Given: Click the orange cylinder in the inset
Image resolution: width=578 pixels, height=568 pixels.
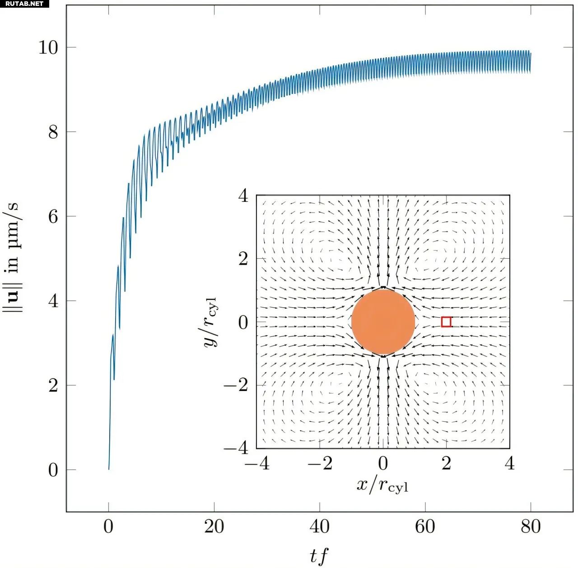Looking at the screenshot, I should coord(383,322).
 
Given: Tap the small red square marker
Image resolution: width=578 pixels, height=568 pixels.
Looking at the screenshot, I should coord(446,322).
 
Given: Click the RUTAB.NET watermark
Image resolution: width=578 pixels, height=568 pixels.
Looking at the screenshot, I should coord(24,4).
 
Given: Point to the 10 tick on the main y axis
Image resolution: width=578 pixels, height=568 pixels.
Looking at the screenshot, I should coord(48,47).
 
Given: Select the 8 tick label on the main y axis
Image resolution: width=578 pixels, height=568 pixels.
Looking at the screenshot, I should coord(53,132).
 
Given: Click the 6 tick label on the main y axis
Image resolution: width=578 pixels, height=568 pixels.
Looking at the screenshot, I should coord(53,216).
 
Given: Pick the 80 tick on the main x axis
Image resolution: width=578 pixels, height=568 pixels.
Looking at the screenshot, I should coord(530,526).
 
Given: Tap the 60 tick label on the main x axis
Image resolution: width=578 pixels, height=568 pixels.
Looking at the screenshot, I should coord(425,526).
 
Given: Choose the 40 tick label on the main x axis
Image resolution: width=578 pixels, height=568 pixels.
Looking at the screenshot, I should coord(319,526).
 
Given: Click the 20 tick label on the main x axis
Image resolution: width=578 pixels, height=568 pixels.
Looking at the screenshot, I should coord(214,526).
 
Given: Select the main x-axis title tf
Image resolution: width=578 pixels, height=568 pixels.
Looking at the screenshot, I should coord(319,556).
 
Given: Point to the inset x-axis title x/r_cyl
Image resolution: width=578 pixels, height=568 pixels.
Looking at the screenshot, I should coord(382,485).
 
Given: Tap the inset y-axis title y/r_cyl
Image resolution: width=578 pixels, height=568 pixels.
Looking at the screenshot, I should coord(210,322).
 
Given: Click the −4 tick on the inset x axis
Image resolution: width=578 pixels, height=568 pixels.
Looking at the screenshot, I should coord(256,463).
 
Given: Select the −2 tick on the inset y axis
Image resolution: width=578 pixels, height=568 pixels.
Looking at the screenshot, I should coord(236,385).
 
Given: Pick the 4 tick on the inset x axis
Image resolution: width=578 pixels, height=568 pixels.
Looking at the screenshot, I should coord(509,463).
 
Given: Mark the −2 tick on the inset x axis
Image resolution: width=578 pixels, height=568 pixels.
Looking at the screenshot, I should coord(320,463).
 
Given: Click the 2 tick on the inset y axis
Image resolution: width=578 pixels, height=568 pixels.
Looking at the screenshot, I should coord(243,259).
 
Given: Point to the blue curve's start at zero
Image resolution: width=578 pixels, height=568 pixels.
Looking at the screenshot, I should coord(109,469).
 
